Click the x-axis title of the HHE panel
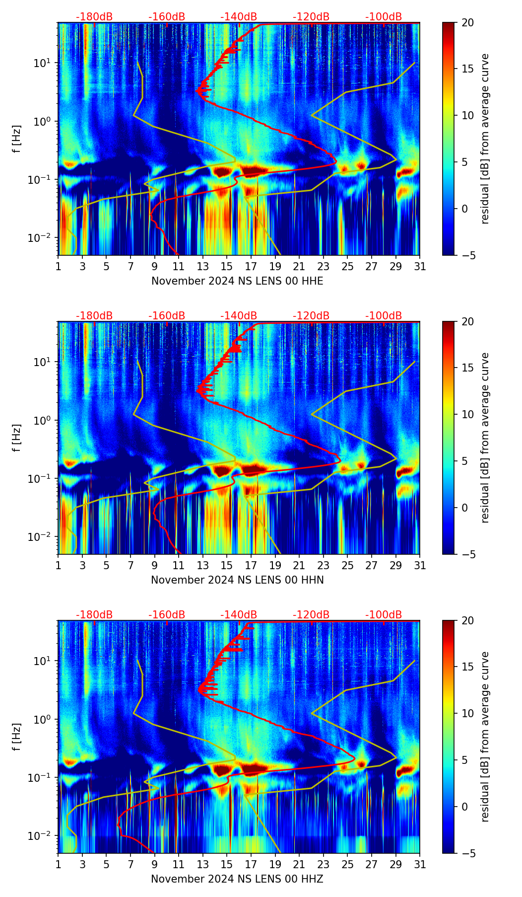coord(237,281)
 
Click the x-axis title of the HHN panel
coord(237,580)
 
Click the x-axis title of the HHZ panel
coord(237,879)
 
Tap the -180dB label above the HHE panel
coord(94,17)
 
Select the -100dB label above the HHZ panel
coord(384,615)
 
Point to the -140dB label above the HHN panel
coord(239,316)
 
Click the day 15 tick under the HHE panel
coord(227,267)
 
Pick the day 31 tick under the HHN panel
coord(419,566)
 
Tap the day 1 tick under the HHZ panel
coord(59,865)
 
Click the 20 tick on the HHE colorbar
coord(468,23)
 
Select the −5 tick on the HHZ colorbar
coord(468,853)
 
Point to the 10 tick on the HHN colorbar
coord(468,414)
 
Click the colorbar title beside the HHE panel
coord(485,139)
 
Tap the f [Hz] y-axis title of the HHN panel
coord(17,438)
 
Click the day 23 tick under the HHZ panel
coord(323,865)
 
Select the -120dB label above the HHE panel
coord(311,17)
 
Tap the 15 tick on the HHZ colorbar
coord(468,667)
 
